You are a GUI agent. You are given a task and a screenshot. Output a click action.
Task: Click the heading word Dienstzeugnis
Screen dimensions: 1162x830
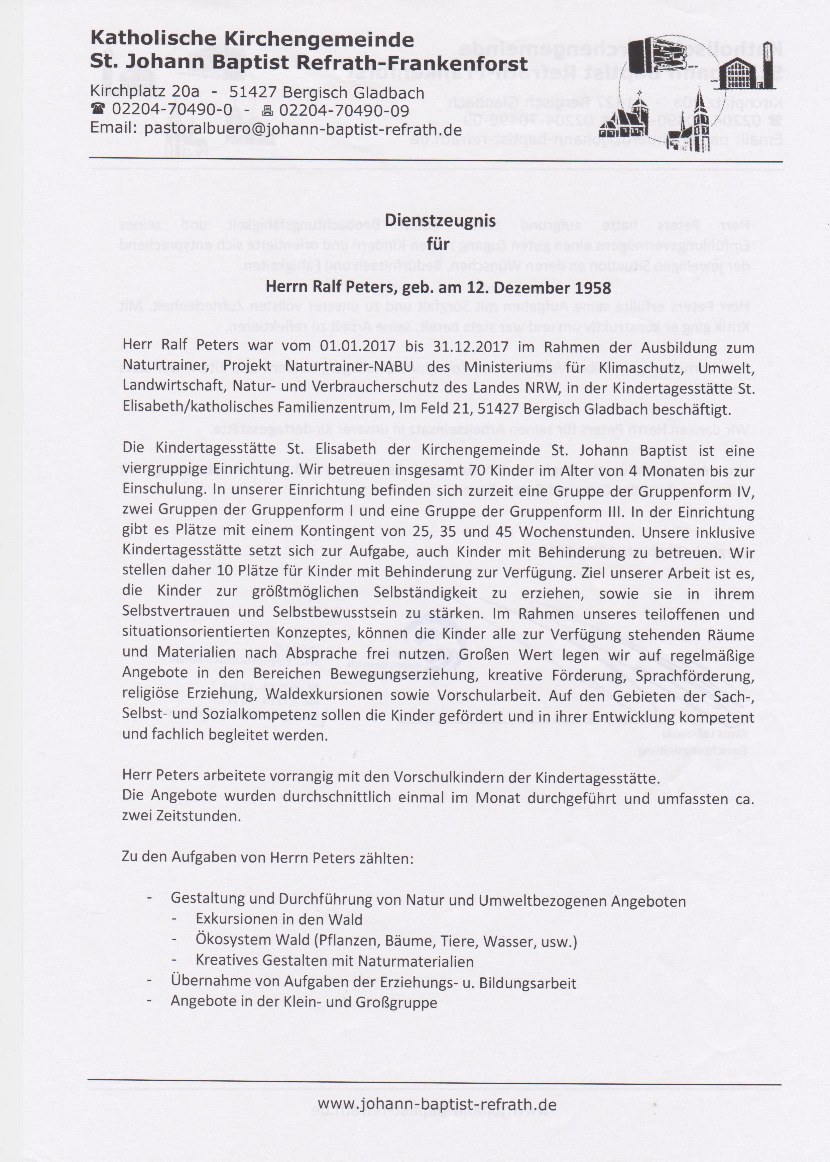tap(440, 220)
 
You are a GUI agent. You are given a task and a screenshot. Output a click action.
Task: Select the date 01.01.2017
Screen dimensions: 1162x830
tap(358, 347)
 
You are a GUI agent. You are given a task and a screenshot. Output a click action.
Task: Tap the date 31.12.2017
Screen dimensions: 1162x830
tap(471, 347)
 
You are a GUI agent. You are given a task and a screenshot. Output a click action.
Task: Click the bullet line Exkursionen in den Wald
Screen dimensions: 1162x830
tap(278, 919)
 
